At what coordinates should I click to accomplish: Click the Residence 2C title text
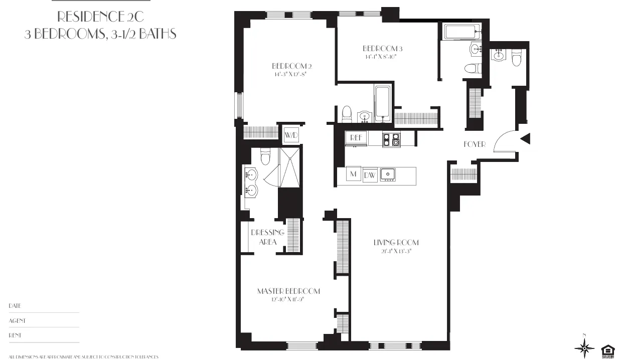coord(100,17)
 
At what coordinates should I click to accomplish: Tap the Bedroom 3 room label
coord(383,49)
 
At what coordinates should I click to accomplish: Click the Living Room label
coord(396,243)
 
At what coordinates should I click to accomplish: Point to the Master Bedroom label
coord(288,291)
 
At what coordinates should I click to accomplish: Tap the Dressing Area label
coord(267,237)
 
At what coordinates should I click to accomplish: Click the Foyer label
coord(474,144)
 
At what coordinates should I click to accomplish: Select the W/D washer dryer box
coord(291,135)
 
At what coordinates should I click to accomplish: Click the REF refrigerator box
coord(356,137)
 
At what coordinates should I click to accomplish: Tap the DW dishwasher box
coord(370,175)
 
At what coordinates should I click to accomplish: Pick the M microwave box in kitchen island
coord(354,174)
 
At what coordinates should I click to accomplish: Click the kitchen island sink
coord(388,174)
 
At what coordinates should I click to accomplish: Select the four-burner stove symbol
coord(391,139)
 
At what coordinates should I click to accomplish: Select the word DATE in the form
coord(15,306)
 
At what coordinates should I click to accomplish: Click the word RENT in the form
coord(15,335)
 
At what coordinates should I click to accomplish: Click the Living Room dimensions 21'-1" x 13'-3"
coord(396,251)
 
